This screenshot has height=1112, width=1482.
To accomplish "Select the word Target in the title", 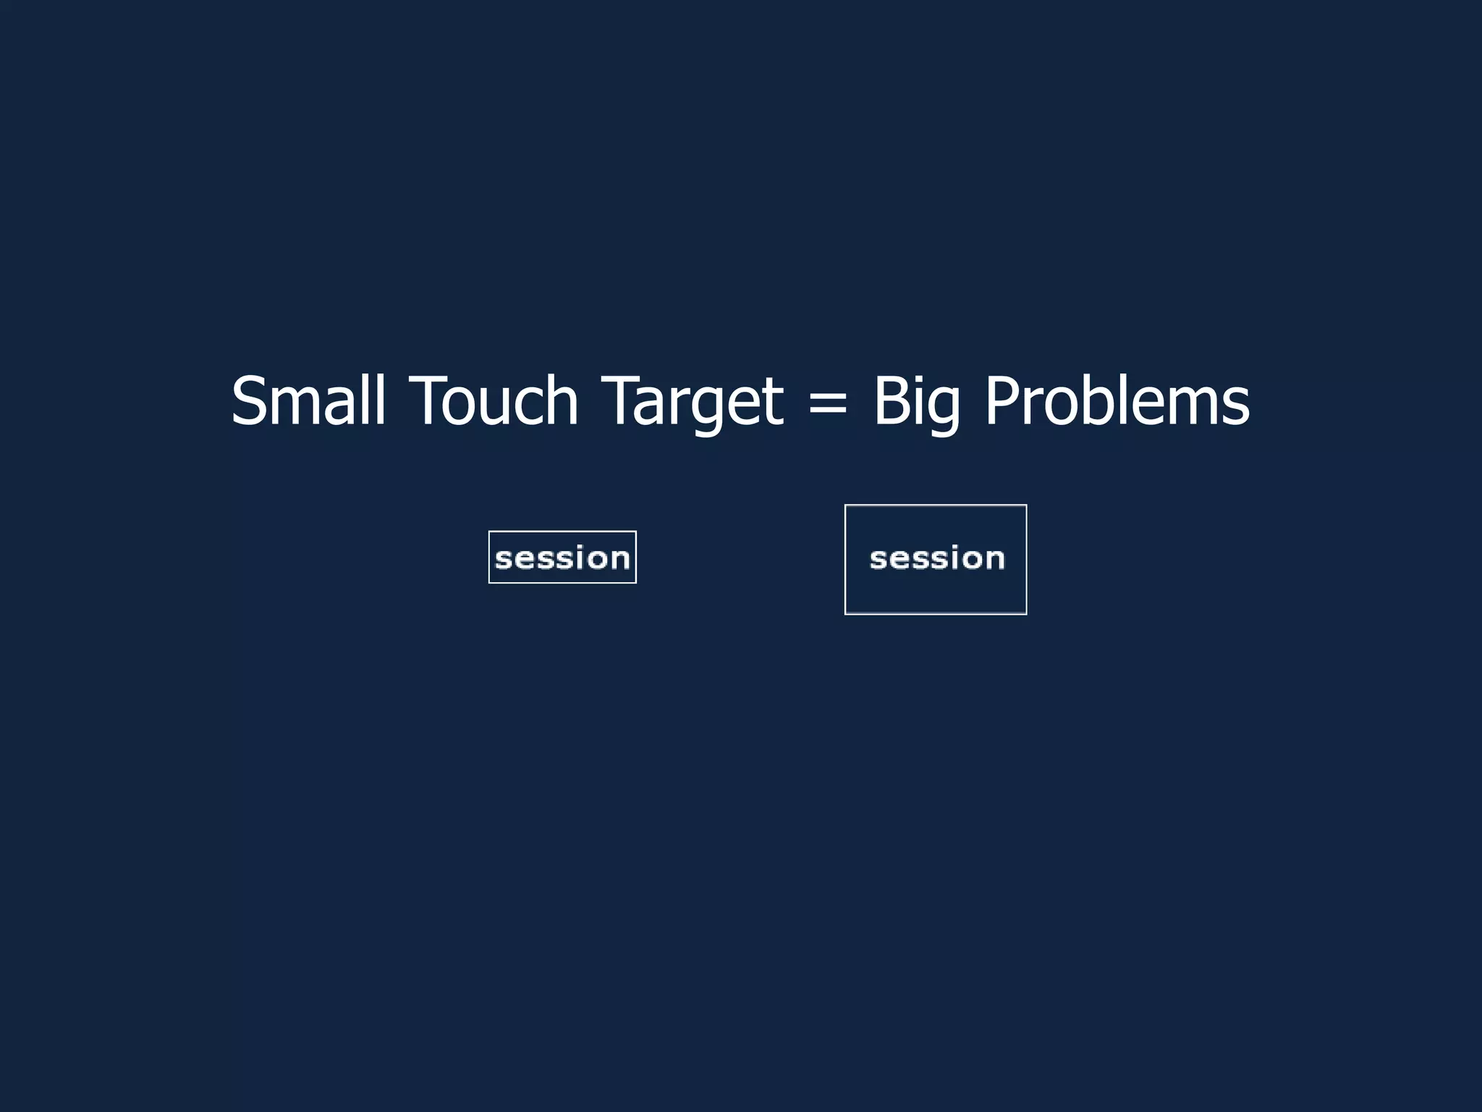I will tap(693, 401).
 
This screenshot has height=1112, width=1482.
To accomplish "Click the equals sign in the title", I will tap(828, 403).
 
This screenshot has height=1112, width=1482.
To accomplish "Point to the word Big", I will tap(917, 401).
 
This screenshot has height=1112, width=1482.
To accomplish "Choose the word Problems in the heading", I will tap(1117, 401).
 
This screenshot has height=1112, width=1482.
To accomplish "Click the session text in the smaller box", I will tap(562, 558).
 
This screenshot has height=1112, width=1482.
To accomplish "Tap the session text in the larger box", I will tap(937, 558).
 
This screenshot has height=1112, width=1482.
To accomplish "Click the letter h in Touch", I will tap(561, 401).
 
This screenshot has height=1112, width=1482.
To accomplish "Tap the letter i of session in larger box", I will tap(944, 557).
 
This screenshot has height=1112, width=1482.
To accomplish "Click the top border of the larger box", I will tap(936, 505).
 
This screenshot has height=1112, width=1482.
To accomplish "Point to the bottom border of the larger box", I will tap(936, 613).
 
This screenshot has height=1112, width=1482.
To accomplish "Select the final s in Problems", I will tap(1237, 407).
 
